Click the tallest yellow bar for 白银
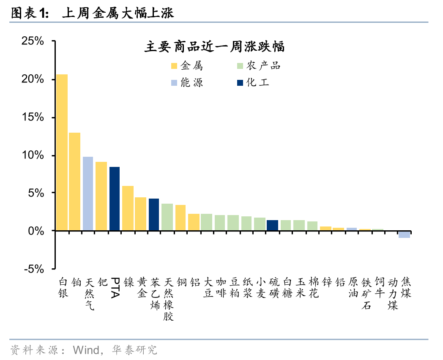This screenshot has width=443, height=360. tap(62, 153)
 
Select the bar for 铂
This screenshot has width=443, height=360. tap(75, 182)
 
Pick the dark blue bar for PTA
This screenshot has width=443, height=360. tap(115, 199)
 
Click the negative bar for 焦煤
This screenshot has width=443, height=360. tap(405, 235)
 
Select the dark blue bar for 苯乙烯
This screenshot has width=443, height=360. tap(154, 215)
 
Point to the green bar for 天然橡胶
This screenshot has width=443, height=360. tap(167, 217)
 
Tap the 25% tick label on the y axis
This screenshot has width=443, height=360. tap(33, 41)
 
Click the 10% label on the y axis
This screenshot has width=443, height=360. tap(33, 155)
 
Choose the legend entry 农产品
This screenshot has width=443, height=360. tap(259, 66)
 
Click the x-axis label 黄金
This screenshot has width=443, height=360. tap(141, 287)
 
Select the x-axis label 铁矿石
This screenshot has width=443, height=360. tap(366, 293)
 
